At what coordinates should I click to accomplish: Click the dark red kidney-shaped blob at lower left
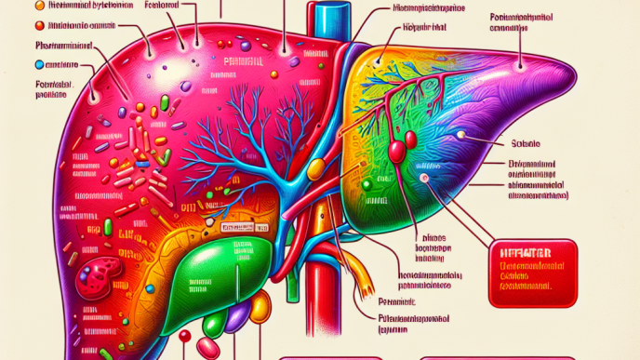click(x=97, y=276)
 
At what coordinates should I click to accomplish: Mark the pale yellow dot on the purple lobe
click(x=460, y=133)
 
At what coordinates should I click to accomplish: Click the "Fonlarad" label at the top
click(x=162, y=7)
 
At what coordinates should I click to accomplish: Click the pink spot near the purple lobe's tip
click(x=424, y=177)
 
